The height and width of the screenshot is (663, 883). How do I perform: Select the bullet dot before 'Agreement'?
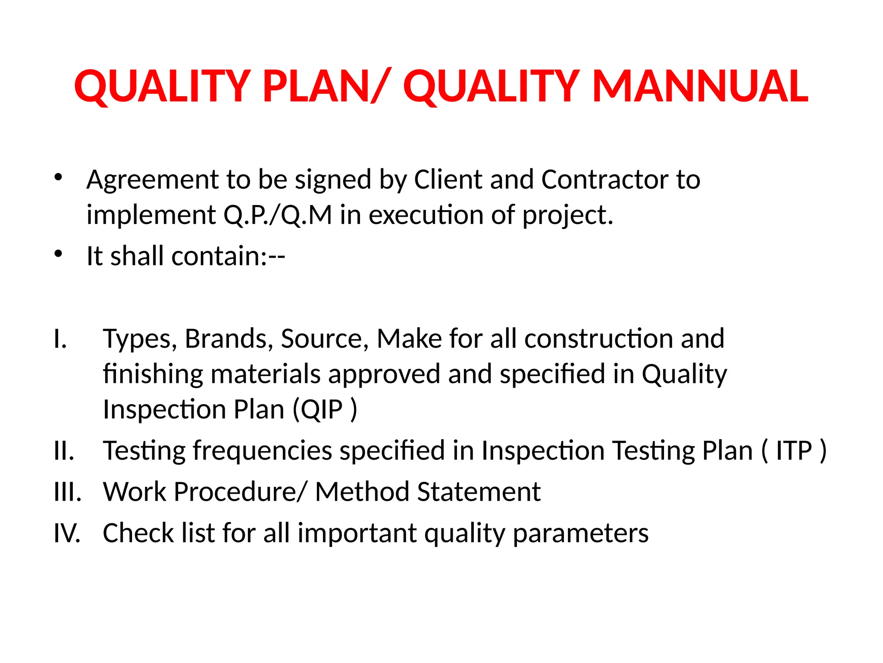click(59, 177)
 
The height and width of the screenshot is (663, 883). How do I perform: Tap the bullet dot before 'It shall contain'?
click(59, 254)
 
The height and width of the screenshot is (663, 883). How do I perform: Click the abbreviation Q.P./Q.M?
click(278, 215)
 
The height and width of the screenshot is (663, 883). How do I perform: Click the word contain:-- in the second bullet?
click(228, 256)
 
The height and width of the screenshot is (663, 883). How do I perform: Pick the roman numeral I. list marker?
click(60, 339)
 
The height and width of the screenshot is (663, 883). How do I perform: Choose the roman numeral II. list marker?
click(64, 451)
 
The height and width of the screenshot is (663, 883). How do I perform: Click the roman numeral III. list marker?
click(67, 492)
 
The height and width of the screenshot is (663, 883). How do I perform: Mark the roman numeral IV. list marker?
click(67, 533)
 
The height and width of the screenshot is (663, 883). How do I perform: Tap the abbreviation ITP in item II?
click(794, 451)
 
